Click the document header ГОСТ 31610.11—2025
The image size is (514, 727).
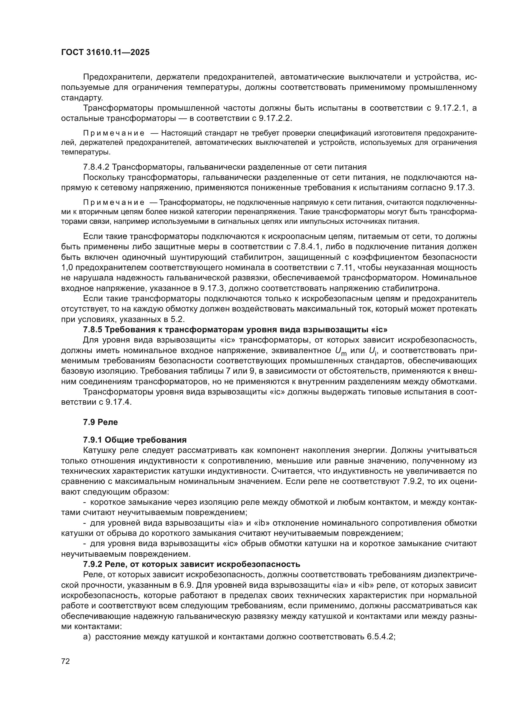click(105, 53)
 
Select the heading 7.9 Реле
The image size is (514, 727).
click(100, 422)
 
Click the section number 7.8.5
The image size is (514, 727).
click(93, 329)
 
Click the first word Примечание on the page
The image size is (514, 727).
click(114, 133)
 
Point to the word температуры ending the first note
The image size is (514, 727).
click(85, 152)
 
